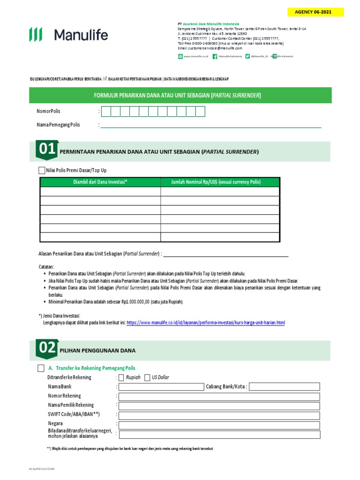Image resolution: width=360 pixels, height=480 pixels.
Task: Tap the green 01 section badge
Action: (47, 150)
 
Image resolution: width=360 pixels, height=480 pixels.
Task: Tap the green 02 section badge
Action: (47, 348)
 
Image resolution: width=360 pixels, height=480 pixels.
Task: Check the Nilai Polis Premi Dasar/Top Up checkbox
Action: (42, 170)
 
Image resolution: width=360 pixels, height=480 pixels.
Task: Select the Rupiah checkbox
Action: (122, 377)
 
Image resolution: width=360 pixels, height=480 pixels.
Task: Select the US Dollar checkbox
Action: (148, 377)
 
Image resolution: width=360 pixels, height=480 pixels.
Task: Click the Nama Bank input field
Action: (160, 387)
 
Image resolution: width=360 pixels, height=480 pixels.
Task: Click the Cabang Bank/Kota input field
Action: (285, 387)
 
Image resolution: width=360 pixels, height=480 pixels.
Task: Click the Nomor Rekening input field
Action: (219, 397)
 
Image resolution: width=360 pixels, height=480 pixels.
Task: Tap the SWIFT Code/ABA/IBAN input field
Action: (219, 415)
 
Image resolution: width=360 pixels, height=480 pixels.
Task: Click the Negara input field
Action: (219, 425)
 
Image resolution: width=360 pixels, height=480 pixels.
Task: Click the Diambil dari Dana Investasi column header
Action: (100, 182)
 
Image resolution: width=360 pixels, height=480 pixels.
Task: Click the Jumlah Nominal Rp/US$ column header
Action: (220, 182)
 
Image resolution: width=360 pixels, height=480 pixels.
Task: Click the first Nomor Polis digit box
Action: (106, 112)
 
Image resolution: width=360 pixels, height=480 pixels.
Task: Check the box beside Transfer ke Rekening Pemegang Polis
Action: (42, 368)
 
